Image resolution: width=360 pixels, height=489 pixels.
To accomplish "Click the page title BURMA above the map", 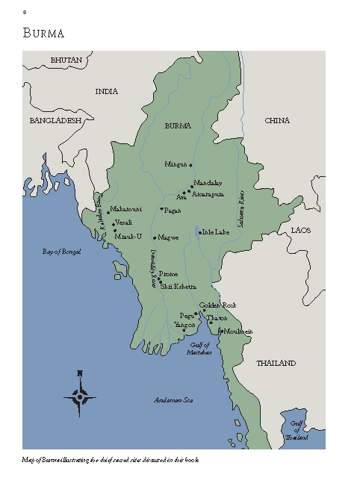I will pos(43,34).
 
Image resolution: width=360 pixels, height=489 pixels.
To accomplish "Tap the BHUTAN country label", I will pos(66,59).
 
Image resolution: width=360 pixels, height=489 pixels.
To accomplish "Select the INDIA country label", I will pos(107,91).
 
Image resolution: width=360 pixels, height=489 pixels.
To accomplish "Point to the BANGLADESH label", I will pos(55,120).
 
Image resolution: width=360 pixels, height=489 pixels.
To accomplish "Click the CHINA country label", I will pos(277,120).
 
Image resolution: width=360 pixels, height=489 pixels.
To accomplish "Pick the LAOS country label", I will pos(301,230).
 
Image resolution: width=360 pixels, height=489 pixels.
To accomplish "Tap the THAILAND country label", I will pos(276,363).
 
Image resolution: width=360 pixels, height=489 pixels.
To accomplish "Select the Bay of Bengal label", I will pos(61,252).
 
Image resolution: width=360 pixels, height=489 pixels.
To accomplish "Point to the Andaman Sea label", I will pos(173,400).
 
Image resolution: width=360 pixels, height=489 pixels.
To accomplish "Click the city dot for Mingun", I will pos(191,164).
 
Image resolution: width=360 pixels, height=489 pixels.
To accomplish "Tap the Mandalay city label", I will pos(208,183).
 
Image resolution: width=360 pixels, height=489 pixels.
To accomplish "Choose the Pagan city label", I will pos(172,211).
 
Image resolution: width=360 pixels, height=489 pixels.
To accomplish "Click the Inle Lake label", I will pos(216,232).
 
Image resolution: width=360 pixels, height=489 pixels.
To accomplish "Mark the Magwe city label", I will pos(169,237).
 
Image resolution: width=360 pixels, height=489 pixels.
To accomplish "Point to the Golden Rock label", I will pos(218,305).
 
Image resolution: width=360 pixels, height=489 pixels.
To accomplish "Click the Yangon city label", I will pos(184,326).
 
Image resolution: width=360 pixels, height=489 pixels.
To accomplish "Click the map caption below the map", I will pos(111,460).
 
